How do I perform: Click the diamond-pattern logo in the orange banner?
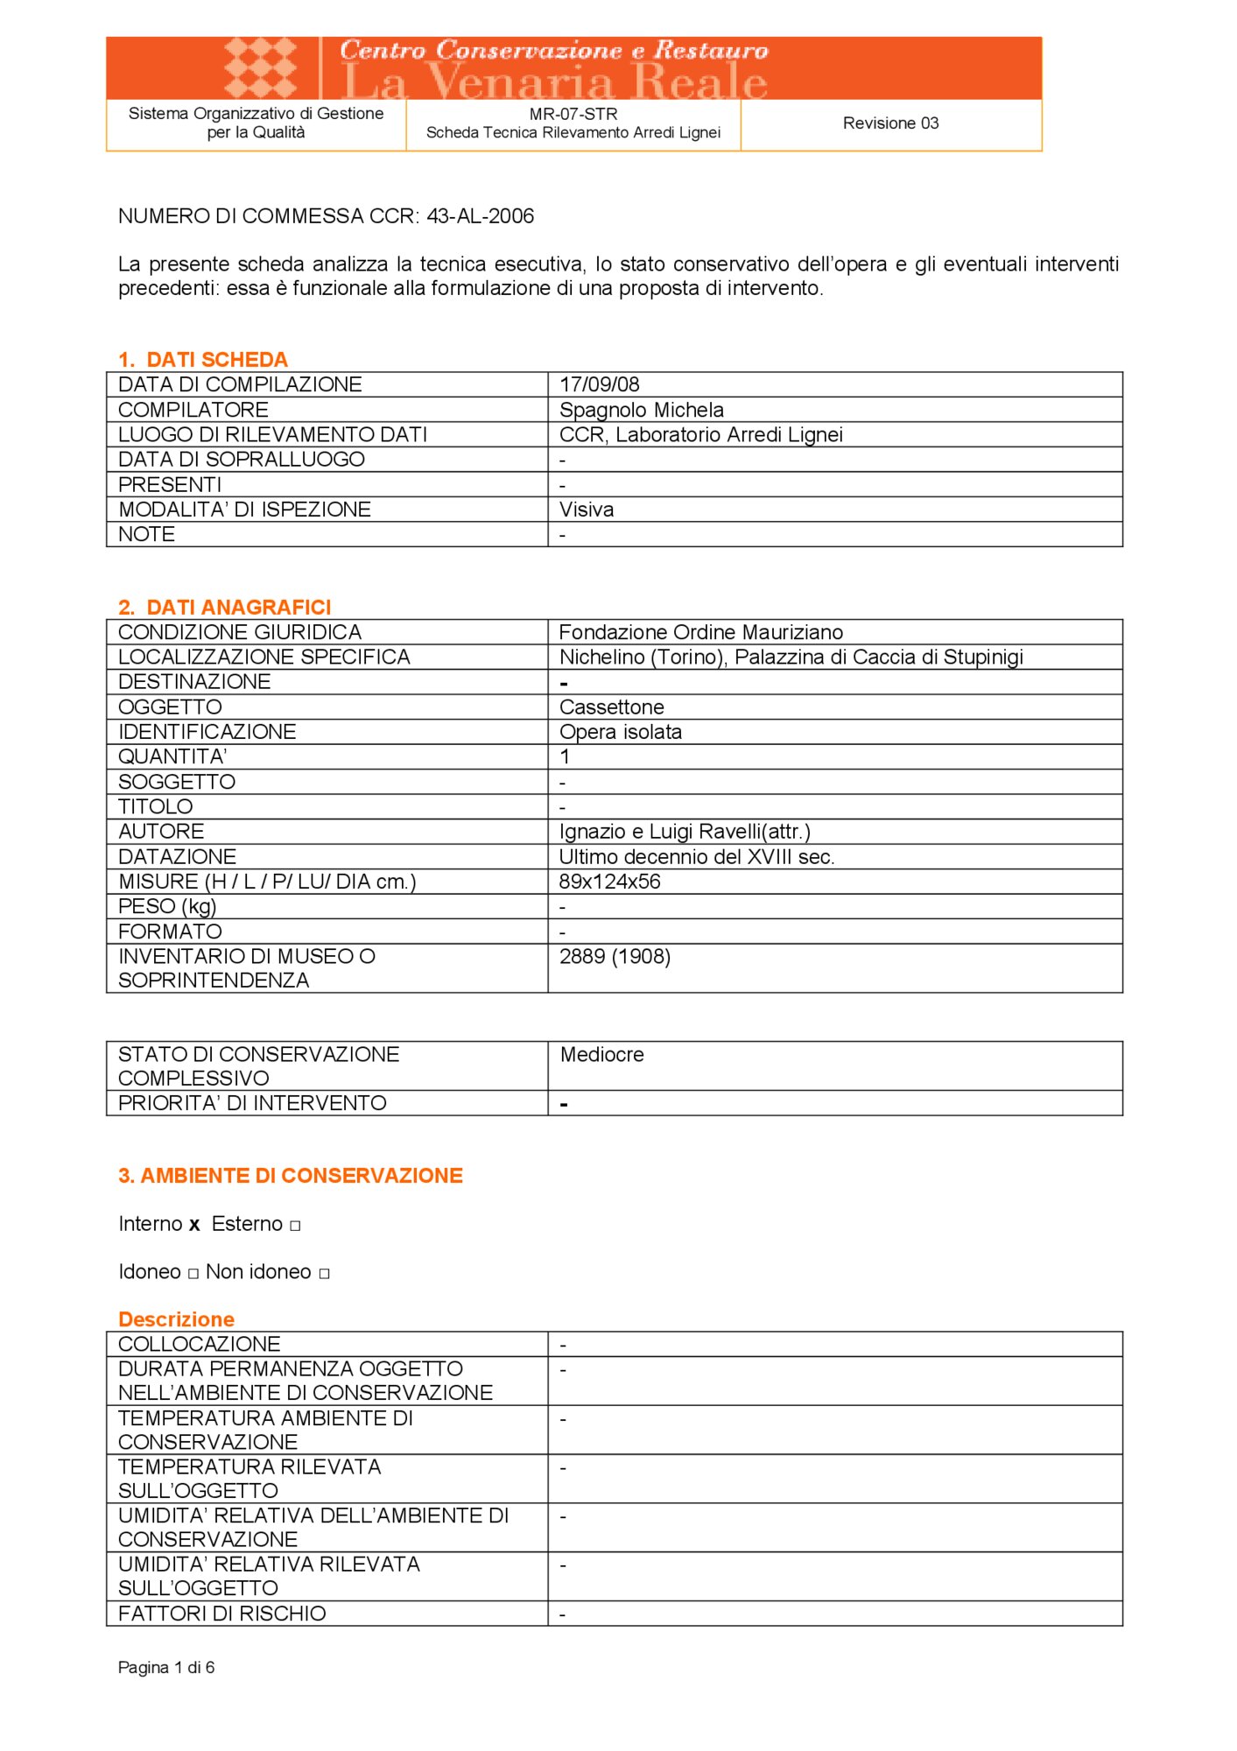tap(260, 67)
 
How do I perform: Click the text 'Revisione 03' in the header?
tap(890, 123)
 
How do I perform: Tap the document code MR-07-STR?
tap(573, 114)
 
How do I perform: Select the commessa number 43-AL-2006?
tap(480, 216)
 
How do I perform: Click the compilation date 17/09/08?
tap(600, 384)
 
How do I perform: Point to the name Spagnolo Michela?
tap(642, 410)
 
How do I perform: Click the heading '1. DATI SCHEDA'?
tap(202, 360)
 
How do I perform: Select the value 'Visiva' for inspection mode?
tap(587, 510)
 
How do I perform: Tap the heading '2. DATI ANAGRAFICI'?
tap(224, 608)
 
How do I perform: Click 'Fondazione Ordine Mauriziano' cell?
tap(701, 632)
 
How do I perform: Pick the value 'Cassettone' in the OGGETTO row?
tap(612, 707)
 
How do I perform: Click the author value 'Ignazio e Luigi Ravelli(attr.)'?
tap(685, 832)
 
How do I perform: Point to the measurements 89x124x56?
tap(610, 882)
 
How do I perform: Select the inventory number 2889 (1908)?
tap(615, 957)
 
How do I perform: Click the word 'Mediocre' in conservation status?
tap(602, 1055)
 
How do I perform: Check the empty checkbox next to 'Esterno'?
tap(295, 1226)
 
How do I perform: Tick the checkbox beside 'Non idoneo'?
tap(324, 1274)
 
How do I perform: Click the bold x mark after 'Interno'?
tap(194, 1226)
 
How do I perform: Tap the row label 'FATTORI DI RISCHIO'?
tap(222, 1614)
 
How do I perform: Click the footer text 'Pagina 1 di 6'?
tap(166, 1668)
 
